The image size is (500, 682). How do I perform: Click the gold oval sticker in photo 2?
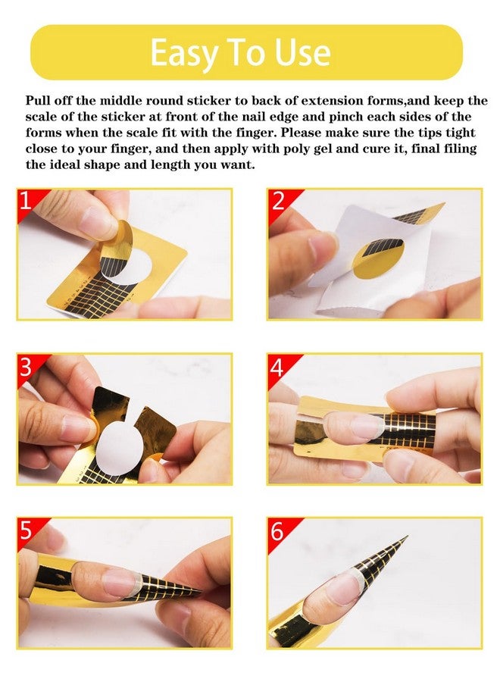(x=378, y=258)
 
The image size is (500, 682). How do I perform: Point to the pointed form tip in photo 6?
(x=407, y=537)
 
